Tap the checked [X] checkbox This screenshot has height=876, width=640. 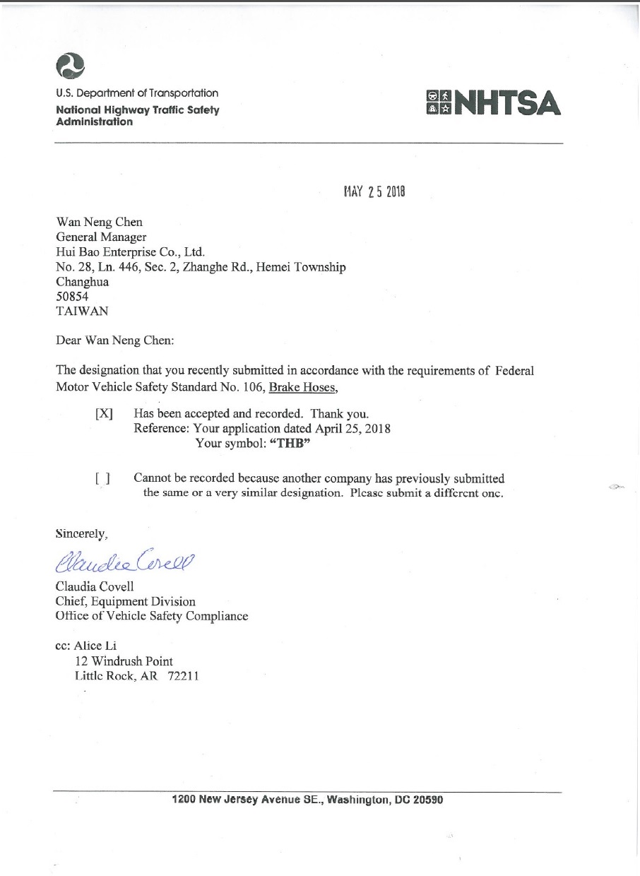click(104, 414)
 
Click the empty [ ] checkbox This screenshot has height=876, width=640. click(102, 478)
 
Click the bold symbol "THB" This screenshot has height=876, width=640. click(291, 444)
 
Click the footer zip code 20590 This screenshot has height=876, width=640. click(426, 800)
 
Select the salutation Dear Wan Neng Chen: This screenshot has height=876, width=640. click(114, 340)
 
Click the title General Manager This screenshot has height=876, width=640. click(101, 237)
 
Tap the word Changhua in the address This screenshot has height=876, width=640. click(82, 281)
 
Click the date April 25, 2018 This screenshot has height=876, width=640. click(349, 429)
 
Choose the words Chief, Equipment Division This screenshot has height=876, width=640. click(126, 601)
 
